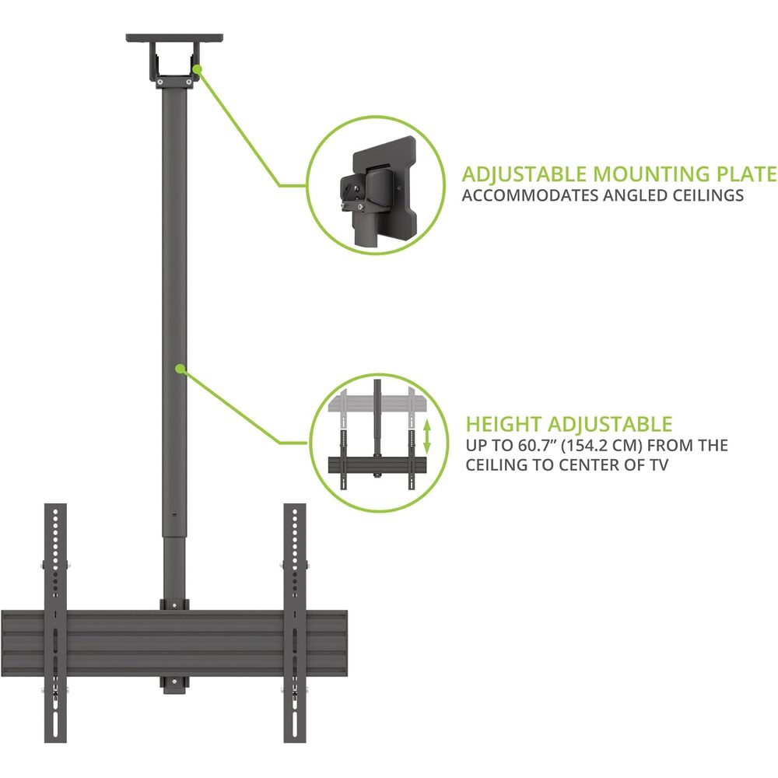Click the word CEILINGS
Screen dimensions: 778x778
click(708, 195)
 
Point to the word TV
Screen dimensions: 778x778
click(658, 465)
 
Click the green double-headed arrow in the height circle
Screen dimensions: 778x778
click(426, 436)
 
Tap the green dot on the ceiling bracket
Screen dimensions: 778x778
click(197, 69)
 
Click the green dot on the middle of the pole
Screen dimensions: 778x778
click(180, 369)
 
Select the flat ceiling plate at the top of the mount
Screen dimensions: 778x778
click(174, 37)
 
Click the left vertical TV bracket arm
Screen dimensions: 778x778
click(55, 622)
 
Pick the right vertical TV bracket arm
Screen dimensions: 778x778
click(295, 622)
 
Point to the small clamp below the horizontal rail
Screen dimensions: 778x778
click(174, 685)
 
